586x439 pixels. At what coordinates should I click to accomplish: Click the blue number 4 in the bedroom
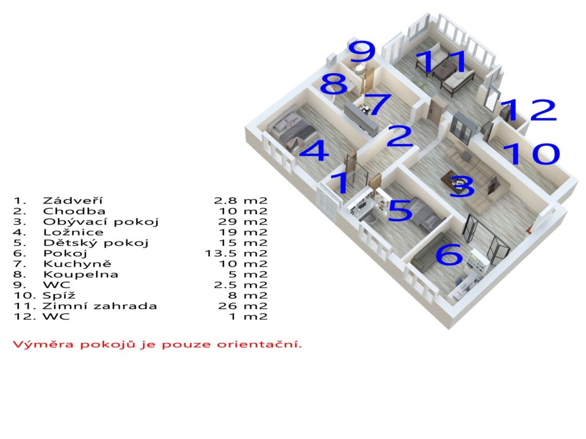click(314, 151)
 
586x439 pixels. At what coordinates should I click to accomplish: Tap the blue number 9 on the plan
click(362, 51)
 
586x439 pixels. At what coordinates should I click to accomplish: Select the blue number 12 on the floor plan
click(528, 110)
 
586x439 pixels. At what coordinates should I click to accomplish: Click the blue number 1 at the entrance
click(341, 182)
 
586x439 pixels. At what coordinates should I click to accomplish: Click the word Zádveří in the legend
click(73, 201)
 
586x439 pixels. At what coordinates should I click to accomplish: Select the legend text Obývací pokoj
click(101, 222)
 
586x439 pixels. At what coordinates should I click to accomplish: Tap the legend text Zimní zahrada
click(100, 306)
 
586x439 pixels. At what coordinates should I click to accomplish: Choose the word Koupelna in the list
click(81, 275)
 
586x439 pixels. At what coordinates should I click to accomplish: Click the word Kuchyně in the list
click(77, 264)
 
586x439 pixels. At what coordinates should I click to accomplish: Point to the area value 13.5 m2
click(236, 253)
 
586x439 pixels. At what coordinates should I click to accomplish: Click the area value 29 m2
click(243, 222)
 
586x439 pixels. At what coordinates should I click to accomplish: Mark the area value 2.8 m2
click(241, 201)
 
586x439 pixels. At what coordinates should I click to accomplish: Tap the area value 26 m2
click(243, 306)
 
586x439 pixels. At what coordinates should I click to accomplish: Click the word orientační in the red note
click(259, 344)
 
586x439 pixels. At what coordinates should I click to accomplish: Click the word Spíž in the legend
click(59, 296)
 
